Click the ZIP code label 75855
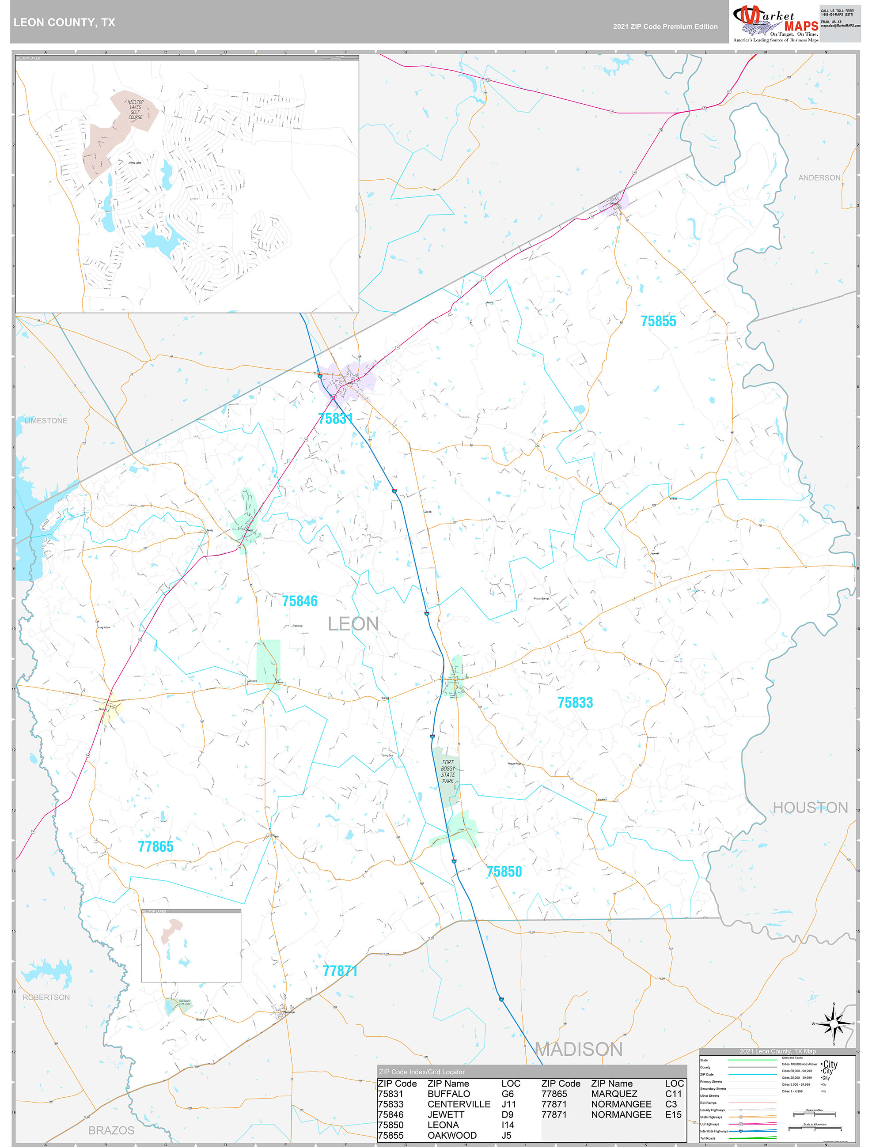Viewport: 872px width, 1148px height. tap(658, 321)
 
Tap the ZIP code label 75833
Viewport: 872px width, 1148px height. tap(575, 703)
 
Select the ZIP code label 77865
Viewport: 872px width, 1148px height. tap(155, 847)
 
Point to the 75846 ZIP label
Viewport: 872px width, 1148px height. tap(300, 601)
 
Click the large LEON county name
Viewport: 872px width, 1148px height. tap(353, 624)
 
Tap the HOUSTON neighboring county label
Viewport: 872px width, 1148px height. tap(810, 808)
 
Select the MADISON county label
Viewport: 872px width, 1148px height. tap(579, 1050)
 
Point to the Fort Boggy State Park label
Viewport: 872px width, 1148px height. tap(447, 772)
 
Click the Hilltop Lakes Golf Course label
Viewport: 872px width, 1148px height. tap(135, 110)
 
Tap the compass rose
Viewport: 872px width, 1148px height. tap(834, 1024)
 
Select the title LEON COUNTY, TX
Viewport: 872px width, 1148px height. tap(64, 23)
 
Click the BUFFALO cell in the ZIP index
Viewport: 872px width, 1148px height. tap(448, 1094)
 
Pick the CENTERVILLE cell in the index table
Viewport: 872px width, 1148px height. tap(459, 1104)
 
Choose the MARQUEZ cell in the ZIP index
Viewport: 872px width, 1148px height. tap(614, 1094)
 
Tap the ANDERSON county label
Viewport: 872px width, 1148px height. tap(819, 177)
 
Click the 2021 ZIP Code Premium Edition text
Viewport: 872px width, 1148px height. tap(665, 26)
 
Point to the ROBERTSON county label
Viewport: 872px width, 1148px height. tap(46, 997)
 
